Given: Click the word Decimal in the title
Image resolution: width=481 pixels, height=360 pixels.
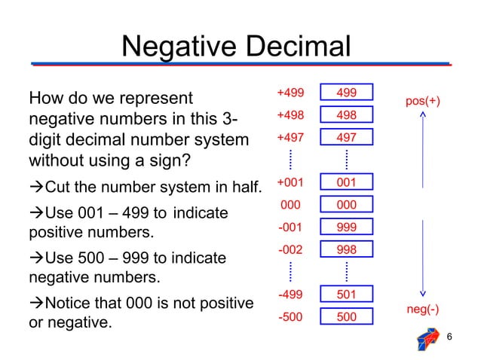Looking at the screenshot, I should [296, 47].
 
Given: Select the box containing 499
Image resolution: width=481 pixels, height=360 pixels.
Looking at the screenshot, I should [347, 93].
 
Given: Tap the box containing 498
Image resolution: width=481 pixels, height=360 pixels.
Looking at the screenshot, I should [347, 115].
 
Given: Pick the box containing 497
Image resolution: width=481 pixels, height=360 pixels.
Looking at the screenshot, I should [347, 138].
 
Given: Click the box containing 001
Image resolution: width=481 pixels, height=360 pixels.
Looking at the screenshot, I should [347, 182].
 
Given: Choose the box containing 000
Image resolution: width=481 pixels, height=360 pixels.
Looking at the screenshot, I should [347, 205].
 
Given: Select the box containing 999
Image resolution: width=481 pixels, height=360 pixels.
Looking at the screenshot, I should [347, 227].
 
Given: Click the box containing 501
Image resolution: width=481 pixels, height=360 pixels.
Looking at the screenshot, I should [347, 294].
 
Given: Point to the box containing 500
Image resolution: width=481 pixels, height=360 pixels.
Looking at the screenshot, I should [347, 317].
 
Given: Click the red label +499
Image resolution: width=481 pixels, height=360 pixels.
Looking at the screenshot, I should [290, 93].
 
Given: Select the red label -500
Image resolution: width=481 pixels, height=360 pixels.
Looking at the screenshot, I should [291, 316].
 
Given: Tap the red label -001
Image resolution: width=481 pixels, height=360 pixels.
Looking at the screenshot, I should [291, 227].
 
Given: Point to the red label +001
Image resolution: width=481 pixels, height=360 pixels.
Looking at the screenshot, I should [290, 182].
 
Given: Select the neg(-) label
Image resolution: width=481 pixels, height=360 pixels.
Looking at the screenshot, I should [423, 309].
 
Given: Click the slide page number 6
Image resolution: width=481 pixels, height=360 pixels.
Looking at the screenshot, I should [449, 337].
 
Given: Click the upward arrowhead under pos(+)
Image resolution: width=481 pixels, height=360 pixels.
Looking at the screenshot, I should [424, 115].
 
